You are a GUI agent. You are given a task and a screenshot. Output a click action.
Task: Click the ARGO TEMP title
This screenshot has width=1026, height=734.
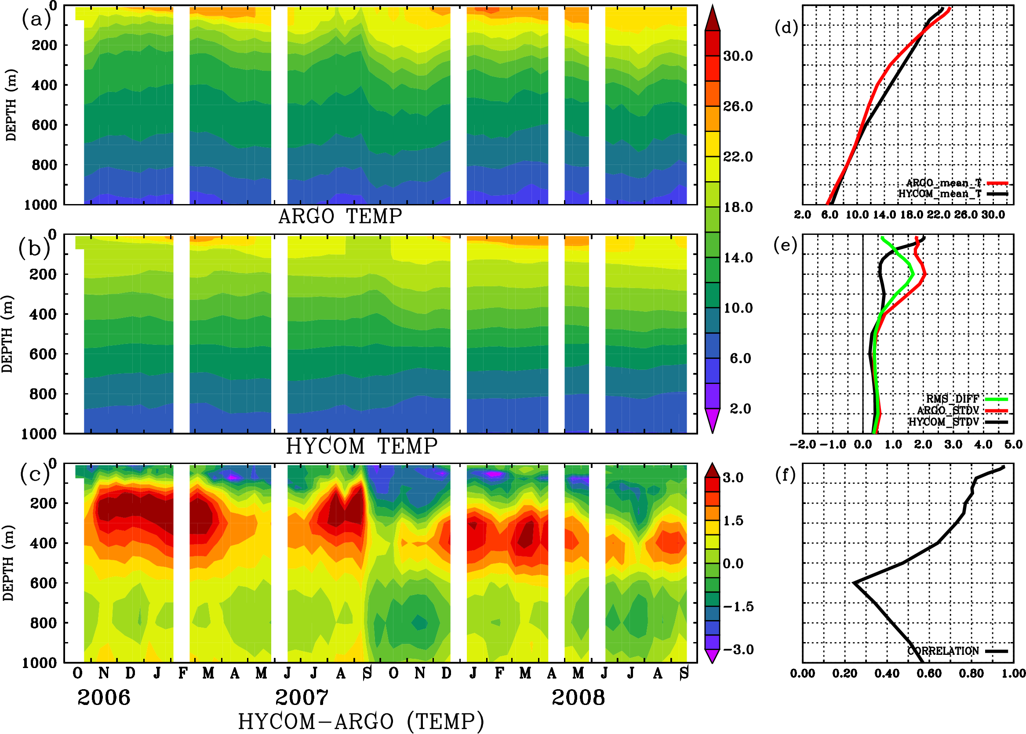tap(340, 216)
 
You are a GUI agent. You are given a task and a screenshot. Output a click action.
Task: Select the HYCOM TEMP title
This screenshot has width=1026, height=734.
tap(361, 446)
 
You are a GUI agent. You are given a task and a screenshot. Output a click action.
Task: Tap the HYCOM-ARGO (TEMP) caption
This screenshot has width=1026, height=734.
tap(360, 721)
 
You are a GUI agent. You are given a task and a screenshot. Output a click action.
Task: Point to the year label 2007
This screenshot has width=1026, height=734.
tap(302, 697)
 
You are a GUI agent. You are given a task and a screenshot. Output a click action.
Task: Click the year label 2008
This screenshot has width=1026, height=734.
tap(578, 697)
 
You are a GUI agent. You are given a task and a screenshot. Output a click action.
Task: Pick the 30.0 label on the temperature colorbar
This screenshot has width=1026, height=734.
tap(738, 56)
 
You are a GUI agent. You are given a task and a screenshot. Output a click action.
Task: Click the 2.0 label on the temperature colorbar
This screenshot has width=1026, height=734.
tap(740, 409)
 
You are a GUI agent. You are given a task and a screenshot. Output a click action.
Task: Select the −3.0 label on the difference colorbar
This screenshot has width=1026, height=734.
tap(738, 650)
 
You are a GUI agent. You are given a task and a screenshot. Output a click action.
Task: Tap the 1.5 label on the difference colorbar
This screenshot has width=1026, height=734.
tap(733, 521)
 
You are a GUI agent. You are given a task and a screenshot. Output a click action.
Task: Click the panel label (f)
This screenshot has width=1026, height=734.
tap(785, 475)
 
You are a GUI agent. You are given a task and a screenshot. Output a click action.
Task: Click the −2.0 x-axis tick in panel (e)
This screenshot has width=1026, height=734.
tap(802, 444)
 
